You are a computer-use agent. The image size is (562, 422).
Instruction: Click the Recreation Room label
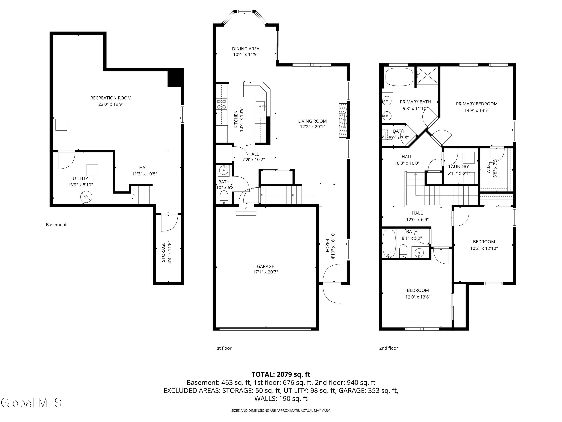click(x=111, y=98)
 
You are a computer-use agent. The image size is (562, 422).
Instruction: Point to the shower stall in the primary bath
click(x=428, y=75)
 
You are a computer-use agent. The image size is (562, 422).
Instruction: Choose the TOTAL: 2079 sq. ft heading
click(x=281, y=374)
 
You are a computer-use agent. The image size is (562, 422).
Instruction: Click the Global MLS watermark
click(x=31, y=403)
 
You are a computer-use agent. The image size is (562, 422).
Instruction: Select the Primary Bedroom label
click(x=477, y=104)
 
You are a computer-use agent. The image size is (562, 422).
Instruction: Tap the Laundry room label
click(x=459, y=167)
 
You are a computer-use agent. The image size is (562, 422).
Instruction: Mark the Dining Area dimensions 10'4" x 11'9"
click(x=246, y=54)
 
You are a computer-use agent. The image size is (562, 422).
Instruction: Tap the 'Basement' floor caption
click(x=56, y=225)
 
